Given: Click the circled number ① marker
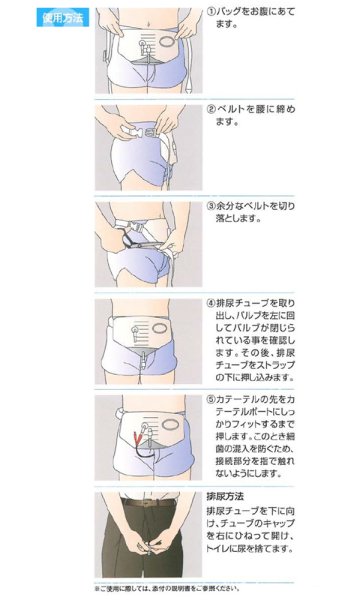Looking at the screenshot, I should coord(212,11).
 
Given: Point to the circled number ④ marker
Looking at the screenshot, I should coord(212,301).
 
